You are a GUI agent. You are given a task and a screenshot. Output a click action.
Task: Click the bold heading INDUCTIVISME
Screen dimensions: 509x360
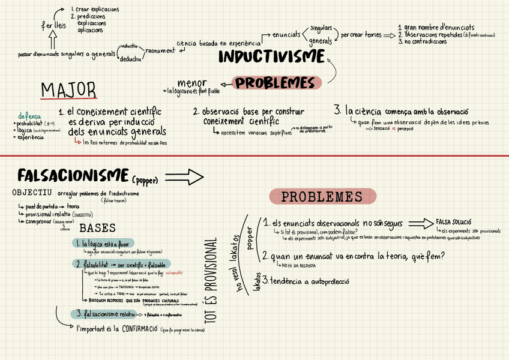(x=271, y=58)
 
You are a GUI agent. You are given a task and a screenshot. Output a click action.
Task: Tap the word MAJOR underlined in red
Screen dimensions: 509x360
(x=68, y=90)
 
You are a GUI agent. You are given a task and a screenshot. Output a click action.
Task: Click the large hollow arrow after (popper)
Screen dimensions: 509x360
(x=186, y=177)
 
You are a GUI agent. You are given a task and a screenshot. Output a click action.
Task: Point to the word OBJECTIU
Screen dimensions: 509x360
(x=32, y=193)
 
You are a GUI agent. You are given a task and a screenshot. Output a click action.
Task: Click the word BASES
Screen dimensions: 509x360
(x=98, y=228)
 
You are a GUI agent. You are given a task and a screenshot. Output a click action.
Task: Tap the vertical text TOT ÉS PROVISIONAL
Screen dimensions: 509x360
(x=211, y=282)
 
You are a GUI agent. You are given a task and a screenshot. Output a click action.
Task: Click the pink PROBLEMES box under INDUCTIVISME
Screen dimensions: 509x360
(x=274, y=83)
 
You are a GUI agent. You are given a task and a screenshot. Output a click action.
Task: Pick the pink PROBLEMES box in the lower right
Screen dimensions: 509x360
(x=322, y=197)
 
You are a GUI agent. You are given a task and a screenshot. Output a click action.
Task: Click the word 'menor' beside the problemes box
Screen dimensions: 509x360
(x=192, y=83)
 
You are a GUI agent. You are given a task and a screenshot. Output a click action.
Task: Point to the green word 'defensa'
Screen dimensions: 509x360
(x=30, y=115)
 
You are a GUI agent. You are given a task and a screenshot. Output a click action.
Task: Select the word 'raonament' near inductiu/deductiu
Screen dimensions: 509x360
(x=160, y=51)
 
